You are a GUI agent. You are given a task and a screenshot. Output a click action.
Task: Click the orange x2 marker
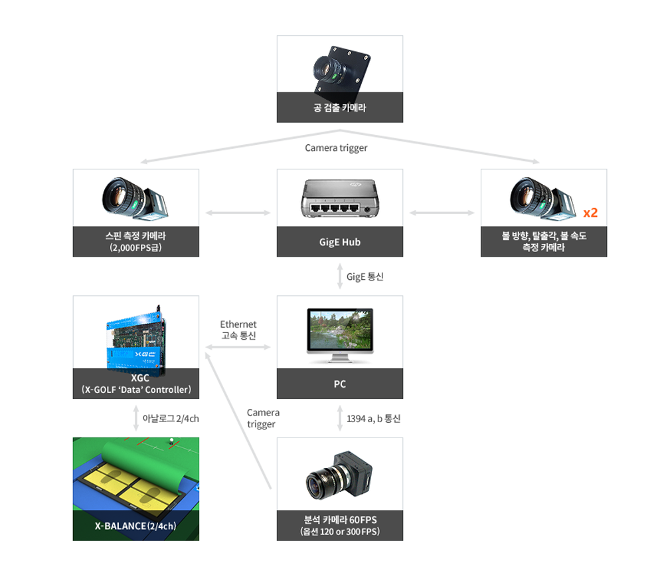(590, 213)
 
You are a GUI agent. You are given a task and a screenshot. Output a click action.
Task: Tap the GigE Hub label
(339, 242)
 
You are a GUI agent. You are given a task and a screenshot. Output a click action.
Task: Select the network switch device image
(339, 199)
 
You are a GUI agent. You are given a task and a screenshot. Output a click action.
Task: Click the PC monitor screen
(339, 330)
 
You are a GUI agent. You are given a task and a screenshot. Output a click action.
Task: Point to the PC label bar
(339, 384)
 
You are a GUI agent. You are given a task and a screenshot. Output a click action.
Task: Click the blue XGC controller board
(135, 338)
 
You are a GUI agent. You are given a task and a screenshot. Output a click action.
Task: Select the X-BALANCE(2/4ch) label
(135, 526)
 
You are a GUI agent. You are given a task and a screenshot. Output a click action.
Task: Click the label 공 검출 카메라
(339, 107)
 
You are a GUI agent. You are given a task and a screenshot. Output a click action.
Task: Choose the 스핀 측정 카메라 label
(135, 237)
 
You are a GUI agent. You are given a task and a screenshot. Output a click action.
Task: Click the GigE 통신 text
(365, 277)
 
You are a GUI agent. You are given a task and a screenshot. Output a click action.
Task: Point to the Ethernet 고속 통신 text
(238, 329)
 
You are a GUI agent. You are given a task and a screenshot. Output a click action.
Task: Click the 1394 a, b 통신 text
(373, 419)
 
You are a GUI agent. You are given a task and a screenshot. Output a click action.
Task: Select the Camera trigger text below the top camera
(336, 148)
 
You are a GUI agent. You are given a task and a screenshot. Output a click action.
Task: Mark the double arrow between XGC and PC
(238, 347)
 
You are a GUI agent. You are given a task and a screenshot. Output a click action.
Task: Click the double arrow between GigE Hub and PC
(339, 277)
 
